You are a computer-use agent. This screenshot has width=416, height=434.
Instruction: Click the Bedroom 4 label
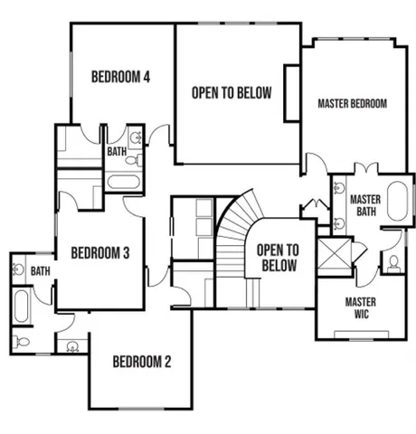click(120, 77)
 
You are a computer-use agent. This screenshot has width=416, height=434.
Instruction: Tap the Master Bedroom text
click(352, 104)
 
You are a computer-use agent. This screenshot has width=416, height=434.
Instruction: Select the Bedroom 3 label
click(100, 253)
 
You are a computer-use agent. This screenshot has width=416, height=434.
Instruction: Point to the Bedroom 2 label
click(141, 363)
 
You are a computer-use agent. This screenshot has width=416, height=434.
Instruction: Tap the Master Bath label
click(364, 205)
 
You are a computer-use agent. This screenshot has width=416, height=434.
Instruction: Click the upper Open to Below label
click(231, 93)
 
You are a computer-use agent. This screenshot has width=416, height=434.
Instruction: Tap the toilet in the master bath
click(394, 263)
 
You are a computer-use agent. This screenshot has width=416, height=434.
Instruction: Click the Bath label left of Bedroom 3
click(40, 270)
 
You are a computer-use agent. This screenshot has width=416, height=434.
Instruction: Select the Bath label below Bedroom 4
click(116, 153)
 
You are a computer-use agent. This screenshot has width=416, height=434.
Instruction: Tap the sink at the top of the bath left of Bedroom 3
click(19, 269)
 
